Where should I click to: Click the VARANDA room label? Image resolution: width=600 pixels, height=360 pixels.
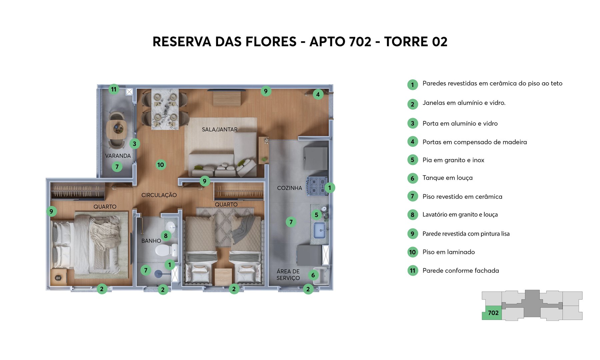(118, 156)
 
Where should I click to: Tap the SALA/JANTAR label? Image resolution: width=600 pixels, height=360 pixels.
(220, 129)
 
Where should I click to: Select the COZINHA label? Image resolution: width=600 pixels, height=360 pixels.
(289, 188)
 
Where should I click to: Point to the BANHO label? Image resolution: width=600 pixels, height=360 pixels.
(151, 241)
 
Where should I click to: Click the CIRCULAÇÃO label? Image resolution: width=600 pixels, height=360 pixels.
(159, 195)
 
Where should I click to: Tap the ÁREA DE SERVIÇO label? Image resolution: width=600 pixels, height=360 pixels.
(288, 275)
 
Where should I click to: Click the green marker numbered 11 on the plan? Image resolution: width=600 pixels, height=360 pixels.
(114, 89)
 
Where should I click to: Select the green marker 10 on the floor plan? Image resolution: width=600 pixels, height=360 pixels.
(161, 165)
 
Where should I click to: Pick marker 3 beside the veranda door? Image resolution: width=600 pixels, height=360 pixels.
(134, 144)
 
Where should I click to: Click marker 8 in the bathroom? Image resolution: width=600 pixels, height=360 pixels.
(166, 236)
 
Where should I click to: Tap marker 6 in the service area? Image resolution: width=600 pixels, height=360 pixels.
(313, 275)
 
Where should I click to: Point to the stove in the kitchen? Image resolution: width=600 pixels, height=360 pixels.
(317, 186)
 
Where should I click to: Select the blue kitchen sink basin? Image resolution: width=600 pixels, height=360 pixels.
(320, 230)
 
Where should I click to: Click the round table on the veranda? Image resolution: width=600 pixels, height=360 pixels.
(117, 129)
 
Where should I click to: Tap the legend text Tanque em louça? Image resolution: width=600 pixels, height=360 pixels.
(447, 178)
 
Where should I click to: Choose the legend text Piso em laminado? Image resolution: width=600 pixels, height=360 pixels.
(448, 252)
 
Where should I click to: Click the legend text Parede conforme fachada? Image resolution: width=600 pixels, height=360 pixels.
(460, 271)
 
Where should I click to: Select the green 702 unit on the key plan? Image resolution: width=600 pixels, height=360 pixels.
(492, 313)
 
